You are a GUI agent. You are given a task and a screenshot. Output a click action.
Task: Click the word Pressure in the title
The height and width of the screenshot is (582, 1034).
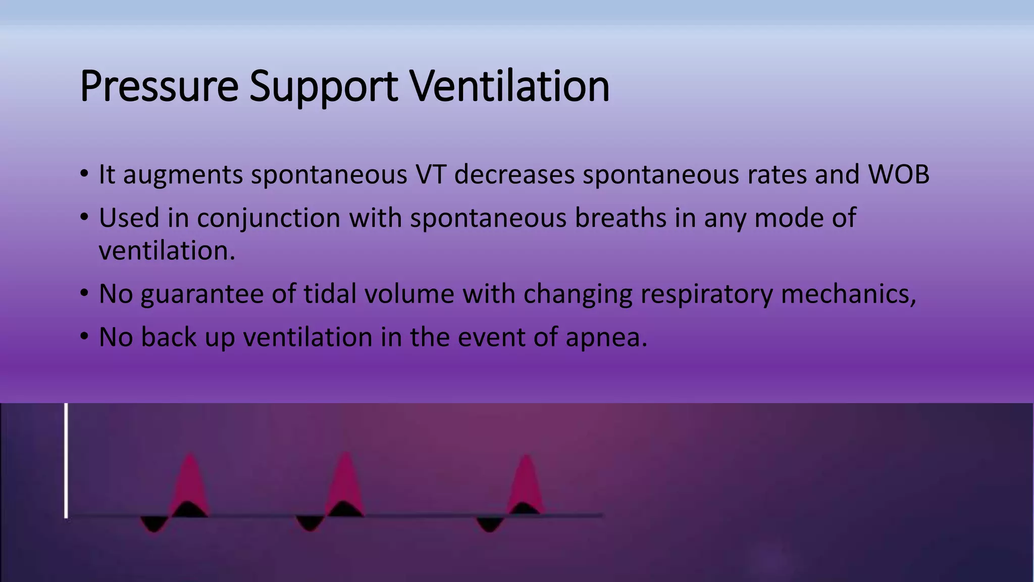pyautogui.click(x=159, y=87)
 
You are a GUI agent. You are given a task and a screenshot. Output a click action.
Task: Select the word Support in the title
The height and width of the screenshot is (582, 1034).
pyautogui.click(x=324, y=87)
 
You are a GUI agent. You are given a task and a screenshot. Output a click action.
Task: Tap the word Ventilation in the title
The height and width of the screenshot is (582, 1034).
pyautogui.click(x=509, y=87)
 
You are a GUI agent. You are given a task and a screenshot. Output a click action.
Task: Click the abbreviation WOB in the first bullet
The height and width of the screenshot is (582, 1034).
pyautogui.click(x=899, y=174)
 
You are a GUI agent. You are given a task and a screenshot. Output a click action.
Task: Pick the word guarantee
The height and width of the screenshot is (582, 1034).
pyautogui.click(x=202, y=294)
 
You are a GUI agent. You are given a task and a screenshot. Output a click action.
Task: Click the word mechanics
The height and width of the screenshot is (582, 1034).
pyautogui.click(x=848, y=294)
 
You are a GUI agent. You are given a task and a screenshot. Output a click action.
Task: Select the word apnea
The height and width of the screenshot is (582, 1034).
pyautogui.click(x=606, y=337)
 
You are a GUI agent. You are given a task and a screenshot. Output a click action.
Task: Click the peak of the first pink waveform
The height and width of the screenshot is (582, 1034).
pyautogui.click(x=190, y=456)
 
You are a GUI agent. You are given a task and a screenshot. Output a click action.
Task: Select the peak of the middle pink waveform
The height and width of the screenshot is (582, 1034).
pyautogui.click(x=345, y=454)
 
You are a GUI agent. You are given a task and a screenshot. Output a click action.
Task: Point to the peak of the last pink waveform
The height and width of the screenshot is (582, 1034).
pyautogui.click(x=526, y=457)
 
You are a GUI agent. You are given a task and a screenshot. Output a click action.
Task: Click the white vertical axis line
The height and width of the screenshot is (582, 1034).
pyautogui.click(x=66, y=460)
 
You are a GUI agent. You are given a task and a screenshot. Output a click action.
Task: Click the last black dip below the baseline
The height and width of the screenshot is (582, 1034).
pyautogui.click(x=489, y=523)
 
